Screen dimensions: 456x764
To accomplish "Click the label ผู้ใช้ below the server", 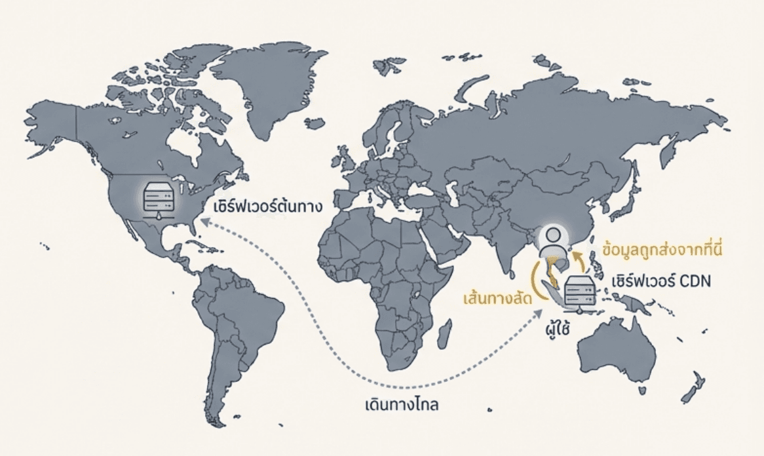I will click(556, 325).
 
